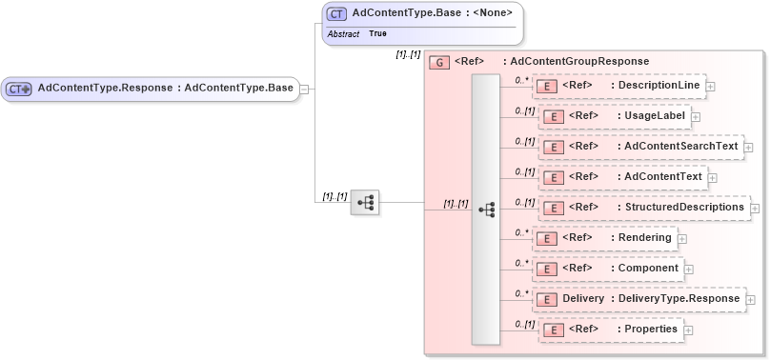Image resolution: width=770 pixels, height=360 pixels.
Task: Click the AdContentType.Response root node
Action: [x=150, y=89]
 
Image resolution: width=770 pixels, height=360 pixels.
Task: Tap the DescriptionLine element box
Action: [x=618, y=86]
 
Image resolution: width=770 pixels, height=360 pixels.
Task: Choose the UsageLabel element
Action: [x=615, y=116]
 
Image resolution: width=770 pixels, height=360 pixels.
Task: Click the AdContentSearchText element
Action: [x=638, y=147]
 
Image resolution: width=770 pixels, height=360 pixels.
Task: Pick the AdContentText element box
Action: [x=621, y=177]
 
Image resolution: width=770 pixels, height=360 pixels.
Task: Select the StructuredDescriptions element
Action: [x=643, y=208]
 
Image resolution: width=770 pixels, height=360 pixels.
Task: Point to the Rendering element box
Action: [x=604, y=238]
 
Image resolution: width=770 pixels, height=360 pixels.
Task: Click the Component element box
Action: [x=608, y=269]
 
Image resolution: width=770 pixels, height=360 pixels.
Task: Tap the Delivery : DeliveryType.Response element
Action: [x=638, y=299]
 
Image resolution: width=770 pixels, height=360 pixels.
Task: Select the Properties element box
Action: [x=609, y=330]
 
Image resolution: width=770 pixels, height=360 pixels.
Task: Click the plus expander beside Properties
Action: [x=689, y=330]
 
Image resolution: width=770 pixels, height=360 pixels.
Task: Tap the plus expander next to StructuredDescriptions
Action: [x=756, y=209]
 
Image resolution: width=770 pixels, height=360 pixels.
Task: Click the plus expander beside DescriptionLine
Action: [x=711, y=87]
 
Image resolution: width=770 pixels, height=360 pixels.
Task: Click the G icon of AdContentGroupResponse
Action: [x=439, y=62]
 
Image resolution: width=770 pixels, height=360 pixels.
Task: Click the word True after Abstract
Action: [x=378, y=34]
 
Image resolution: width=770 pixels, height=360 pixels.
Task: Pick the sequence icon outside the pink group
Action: [x=365, y=202]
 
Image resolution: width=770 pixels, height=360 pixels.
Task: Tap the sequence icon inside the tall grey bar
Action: [x=486, y=209]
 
